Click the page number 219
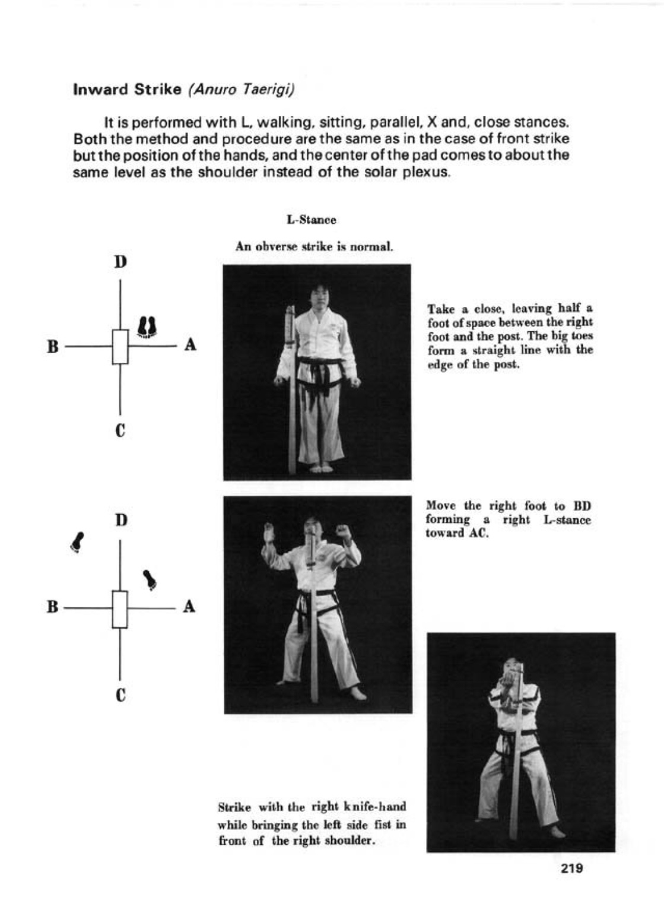[571, 868]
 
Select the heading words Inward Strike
[126, 90]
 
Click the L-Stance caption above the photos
[311, 220]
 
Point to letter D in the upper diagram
[120, 262]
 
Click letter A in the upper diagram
[190, 344]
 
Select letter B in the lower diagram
[53, 607]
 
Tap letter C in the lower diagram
[120, 694]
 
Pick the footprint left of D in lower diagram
[77, 541]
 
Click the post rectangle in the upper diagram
[120, 347]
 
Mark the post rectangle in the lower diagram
[120, 609]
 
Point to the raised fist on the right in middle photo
[342, 528]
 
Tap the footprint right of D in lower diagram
[151, 579]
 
